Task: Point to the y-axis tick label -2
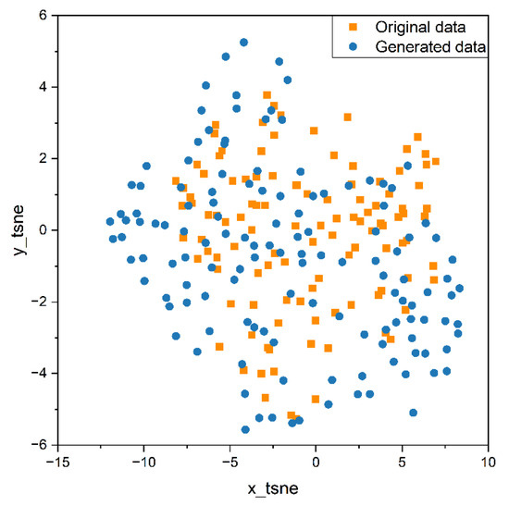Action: tap(38, 302)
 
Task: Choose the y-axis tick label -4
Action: tap(38, 373)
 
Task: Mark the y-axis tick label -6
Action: tap(38, 445)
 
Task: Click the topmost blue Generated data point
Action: tap(244, 43)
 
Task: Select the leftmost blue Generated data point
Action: tap(109, 222)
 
